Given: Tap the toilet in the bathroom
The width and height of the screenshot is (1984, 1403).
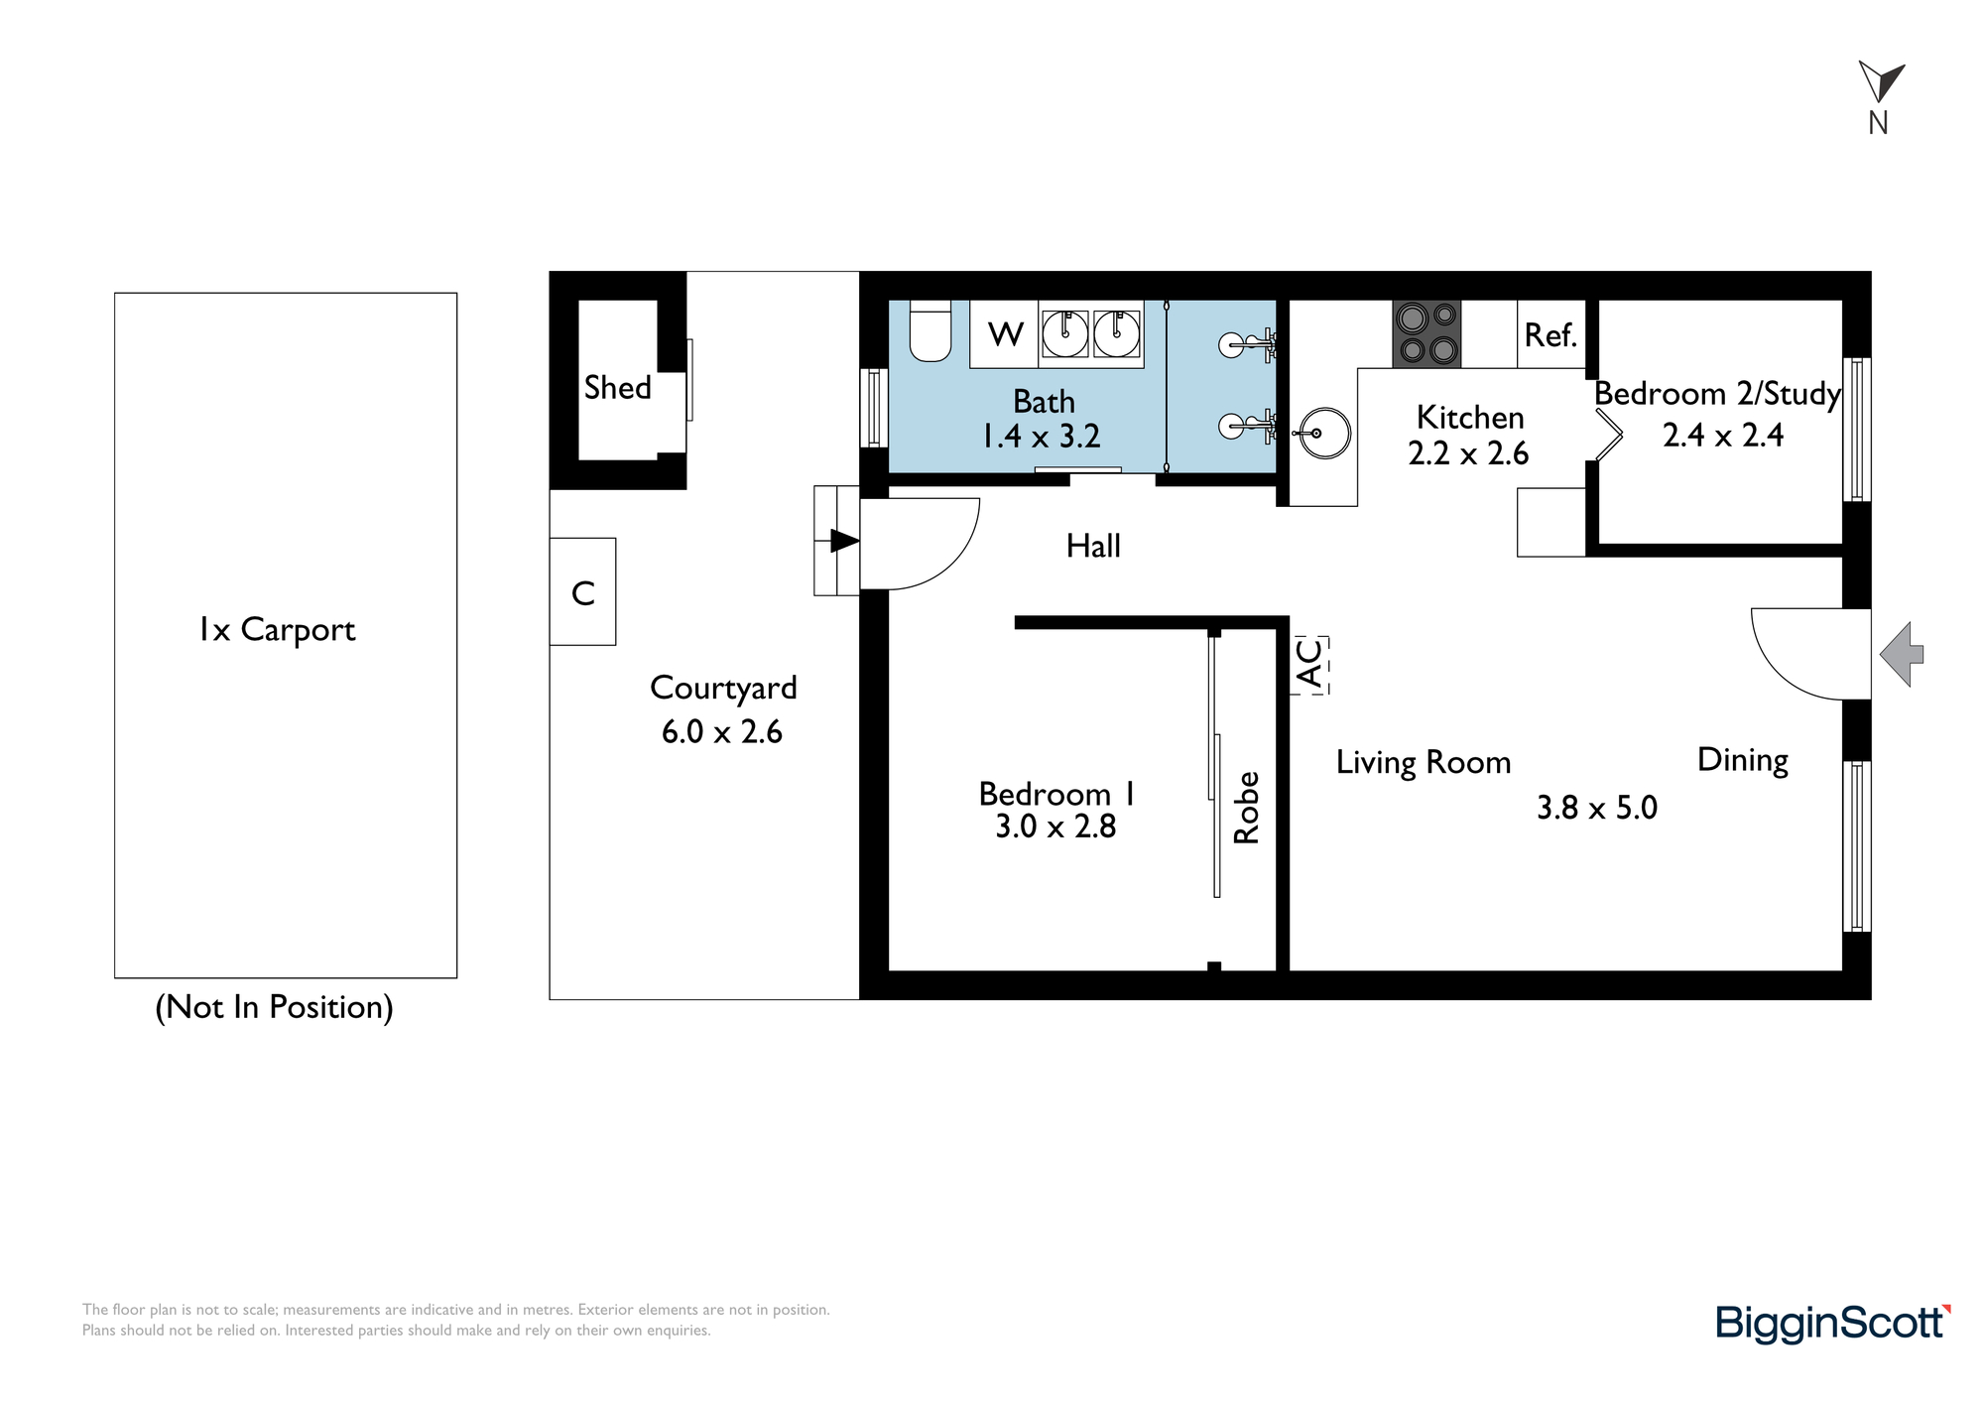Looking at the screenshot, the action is [930, 330].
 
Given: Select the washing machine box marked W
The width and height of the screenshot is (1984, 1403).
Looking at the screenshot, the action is [1004, 333].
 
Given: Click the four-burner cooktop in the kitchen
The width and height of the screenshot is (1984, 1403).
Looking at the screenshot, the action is [1426, 333].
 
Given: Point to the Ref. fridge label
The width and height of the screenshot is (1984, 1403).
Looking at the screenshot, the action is [1550, 335].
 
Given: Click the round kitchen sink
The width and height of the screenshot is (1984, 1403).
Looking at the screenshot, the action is [1324, 434].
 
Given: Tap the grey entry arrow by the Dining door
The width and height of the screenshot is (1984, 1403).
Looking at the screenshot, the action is [1902, 654].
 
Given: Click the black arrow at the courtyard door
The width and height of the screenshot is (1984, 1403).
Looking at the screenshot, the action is [844, 541].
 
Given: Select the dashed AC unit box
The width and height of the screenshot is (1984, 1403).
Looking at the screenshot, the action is [1309, 665].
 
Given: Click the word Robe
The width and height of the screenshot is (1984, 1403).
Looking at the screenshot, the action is [1246, 808].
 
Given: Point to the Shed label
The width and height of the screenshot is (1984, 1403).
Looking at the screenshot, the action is [617, 387].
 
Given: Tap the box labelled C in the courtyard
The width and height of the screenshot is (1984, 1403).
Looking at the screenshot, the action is [583, 591].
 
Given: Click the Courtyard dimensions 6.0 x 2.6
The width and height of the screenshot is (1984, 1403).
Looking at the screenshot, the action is [722, 732].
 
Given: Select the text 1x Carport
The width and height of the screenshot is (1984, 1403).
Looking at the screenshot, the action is [277, 630].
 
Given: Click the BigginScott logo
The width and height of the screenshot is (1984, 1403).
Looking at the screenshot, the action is [1833, 1324].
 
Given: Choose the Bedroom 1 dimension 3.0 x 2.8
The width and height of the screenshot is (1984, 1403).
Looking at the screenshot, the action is [1055, 827].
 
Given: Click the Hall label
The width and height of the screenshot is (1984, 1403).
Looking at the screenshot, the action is [1093, 546].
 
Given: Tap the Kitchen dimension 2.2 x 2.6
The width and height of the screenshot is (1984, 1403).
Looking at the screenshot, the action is [1468, 453].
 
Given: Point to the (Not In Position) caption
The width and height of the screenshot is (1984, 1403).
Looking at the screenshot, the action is [275, 1007].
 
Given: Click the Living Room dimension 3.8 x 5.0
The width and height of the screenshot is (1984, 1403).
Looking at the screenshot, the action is [1597, 808].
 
